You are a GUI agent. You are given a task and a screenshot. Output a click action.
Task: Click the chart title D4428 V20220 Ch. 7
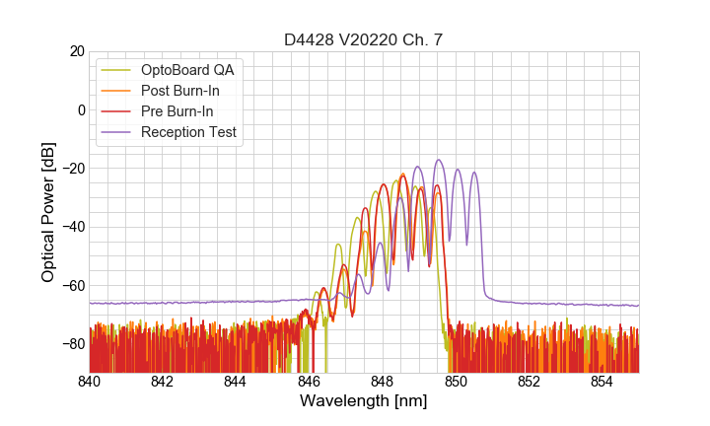364,39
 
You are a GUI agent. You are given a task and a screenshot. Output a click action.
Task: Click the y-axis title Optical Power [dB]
48,211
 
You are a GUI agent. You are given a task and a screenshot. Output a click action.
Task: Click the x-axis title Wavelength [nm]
364,401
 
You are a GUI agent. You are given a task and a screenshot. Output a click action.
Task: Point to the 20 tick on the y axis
74,51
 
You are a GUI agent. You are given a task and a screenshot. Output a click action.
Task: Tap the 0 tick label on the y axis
79,109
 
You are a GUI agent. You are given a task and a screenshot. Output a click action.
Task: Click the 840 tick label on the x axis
90,381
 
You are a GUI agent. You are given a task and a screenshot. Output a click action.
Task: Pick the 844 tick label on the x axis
236,381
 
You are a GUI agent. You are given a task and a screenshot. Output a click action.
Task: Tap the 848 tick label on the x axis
383,381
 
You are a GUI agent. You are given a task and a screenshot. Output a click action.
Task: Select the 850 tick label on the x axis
456,381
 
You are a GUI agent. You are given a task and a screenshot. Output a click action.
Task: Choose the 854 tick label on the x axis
602,381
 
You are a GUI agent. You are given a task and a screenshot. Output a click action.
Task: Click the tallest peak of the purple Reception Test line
439,160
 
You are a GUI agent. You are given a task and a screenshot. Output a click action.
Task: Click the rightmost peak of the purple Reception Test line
474,173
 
